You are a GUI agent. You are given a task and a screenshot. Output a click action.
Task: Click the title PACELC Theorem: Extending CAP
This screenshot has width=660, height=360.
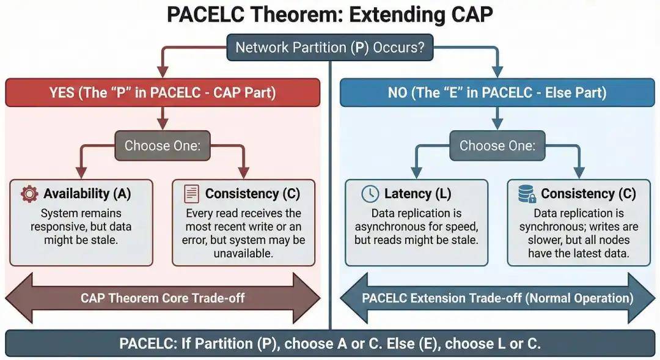(329, 14)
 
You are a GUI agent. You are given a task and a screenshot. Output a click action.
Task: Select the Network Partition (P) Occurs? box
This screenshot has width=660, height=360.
(330, 47)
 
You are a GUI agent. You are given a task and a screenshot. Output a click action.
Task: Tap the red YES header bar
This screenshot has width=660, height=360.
(163, 92)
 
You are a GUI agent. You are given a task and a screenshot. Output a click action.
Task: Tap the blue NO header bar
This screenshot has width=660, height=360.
(497, 92)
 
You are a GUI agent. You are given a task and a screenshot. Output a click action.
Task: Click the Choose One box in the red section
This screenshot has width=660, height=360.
(163, 145)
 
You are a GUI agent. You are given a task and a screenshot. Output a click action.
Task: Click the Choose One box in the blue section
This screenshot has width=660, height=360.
(497, 145)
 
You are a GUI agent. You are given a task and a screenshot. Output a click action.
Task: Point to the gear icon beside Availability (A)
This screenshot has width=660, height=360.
(29, 194)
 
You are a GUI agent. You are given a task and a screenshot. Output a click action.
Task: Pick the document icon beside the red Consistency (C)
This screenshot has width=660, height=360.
(191, 194)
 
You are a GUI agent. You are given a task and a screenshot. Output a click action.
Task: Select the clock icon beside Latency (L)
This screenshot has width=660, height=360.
(370, 194)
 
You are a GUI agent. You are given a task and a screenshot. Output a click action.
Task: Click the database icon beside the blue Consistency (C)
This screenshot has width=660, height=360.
(527, 194)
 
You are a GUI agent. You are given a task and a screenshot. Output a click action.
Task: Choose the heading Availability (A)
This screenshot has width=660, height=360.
(87, 194)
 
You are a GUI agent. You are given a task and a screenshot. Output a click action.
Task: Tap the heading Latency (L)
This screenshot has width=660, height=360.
(417, 194)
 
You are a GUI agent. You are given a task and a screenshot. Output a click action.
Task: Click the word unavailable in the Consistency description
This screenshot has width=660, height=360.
(243, 254)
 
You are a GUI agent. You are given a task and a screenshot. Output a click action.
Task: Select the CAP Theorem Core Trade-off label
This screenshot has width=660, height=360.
(163, 298)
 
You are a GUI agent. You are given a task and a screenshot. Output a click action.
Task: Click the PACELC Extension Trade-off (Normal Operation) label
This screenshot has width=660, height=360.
(497, 298)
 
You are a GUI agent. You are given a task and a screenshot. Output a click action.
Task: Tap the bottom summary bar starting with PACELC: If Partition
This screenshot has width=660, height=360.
(330, 343)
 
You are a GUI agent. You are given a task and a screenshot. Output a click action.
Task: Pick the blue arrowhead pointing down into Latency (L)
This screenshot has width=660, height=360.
(416, 172)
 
